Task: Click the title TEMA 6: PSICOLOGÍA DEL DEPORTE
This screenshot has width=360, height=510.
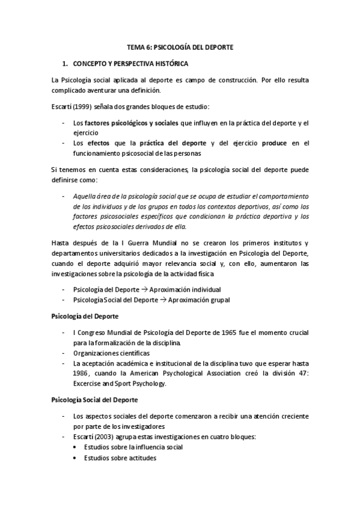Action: (180, 46)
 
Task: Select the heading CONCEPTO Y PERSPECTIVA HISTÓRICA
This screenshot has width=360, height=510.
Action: (130, 63)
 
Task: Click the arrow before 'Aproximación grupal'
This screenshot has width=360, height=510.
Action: (165, 300)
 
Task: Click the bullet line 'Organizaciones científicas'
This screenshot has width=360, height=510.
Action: (111, 353)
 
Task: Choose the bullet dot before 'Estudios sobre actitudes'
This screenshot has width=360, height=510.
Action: (75, 458)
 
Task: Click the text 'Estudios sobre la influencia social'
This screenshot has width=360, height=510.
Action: (133, 447)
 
